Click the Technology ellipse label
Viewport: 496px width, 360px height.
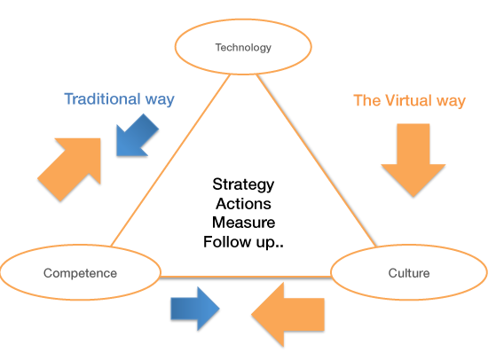pos(243,48)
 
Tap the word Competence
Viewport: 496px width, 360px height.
pos(80,273)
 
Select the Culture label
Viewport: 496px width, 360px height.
pos(409,273)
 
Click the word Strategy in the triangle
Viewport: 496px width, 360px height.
pos(243,185)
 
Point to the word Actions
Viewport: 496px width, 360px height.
pos(243,204)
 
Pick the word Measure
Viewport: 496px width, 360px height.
pos(243,223)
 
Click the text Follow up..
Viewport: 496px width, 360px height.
pos(243,242)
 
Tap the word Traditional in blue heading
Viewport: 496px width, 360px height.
pos(102,98)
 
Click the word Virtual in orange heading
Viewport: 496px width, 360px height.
pos(408,100)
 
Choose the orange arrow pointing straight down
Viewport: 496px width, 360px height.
pos(413,160)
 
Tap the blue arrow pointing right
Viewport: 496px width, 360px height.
pos(195,309)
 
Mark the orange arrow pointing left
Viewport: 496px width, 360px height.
pos(287,315)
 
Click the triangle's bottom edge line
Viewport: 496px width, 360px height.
pos(246,277)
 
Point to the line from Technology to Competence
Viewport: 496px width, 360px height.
pos(170,160)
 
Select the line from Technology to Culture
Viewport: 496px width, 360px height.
pos(316,160)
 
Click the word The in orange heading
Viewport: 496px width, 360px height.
pos(367,100)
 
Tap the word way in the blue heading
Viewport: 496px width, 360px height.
pos(160,100)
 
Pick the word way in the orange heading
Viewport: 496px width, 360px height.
pos(451,101)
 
